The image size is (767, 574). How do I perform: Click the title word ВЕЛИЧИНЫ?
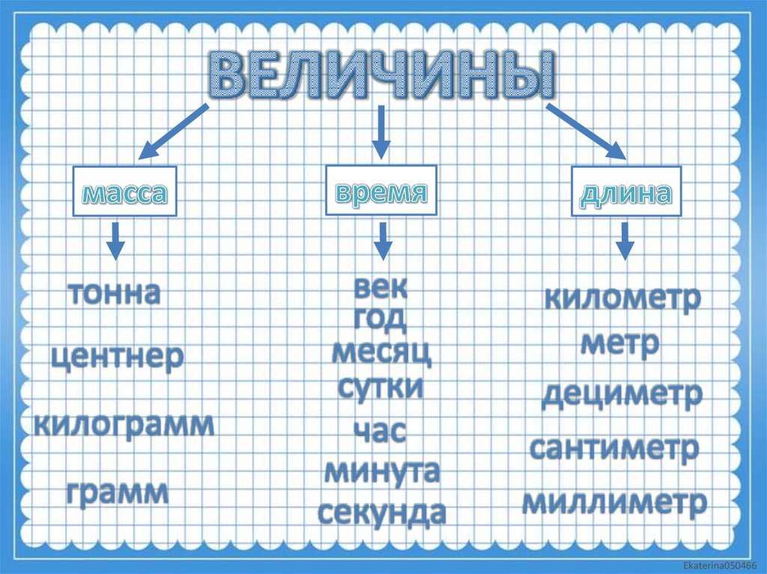click(382, 76)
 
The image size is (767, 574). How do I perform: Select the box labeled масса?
click(124, 193)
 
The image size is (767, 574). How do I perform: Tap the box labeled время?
click(381, 192)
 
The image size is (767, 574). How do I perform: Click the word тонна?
click(115, 293)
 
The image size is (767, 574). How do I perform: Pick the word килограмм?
click(124, 424)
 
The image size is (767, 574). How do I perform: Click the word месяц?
click(381, 352)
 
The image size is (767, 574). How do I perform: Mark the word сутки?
click(381, 388)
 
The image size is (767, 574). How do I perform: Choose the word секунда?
click(381, 513)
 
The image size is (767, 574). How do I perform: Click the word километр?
click(622, 299)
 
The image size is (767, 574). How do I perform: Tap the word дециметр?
click(622, 394)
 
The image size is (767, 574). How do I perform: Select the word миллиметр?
click(614, 502)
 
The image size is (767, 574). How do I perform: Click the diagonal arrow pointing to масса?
click(173, 132)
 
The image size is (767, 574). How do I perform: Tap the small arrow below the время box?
click(382, 239)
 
